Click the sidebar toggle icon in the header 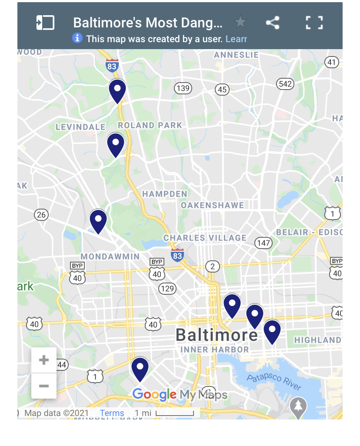point(45,23)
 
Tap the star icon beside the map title point(240,22)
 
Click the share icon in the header point(273,23)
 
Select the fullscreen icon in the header point(314,23)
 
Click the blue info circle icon point(77,38)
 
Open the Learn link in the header point(236,39)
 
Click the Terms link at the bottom point(112,413)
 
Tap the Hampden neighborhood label point(165,193)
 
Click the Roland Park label point(150,125)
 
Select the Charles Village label point(205,238)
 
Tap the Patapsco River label point(274,382)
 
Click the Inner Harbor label point(214,349)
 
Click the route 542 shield point(285,83)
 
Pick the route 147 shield point(263,243)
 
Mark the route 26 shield point(41,214)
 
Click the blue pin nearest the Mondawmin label point(98,221)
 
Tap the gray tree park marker point(298,406)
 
